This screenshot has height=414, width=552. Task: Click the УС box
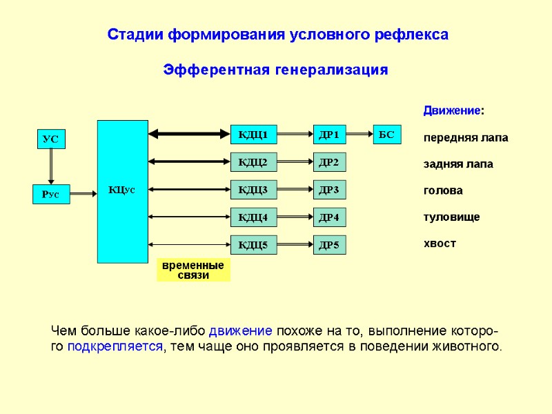point(50,139)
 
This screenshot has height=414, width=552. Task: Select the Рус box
point(51,195)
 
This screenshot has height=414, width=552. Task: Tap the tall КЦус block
point(122,191)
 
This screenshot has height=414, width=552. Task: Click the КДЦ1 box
point(253,134)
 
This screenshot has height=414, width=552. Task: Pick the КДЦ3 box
point(253,189)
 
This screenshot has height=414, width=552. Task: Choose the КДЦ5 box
point(253,244)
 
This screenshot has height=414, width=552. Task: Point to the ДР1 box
point(329,134)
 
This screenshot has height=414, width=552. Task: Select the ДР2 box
point(329,162)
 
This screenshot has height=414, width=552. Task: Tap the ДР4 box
point(329,217)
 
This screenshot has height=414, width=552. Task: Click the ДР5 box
point(329,244)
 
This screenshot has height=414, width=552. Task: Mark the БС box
point(386,134)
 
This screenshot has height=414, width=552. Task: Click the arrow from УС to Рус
point(50,166)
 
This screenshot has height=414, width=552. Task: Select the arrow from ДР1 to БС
point(359,134)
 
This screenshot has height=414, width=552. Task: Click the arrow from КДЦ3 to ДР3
point(295,189)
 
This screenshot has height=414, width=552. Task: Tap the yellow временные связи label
point(193,270)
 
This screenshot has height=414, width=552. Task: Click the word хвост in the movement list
point(440,244)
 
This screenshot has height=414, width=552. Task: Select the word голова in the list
point(443,190)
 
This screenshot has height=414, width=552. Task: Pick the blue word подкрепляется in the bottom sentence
point(116,346)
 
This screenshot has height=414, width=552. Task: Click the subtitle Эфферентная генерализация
point(275,70)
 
